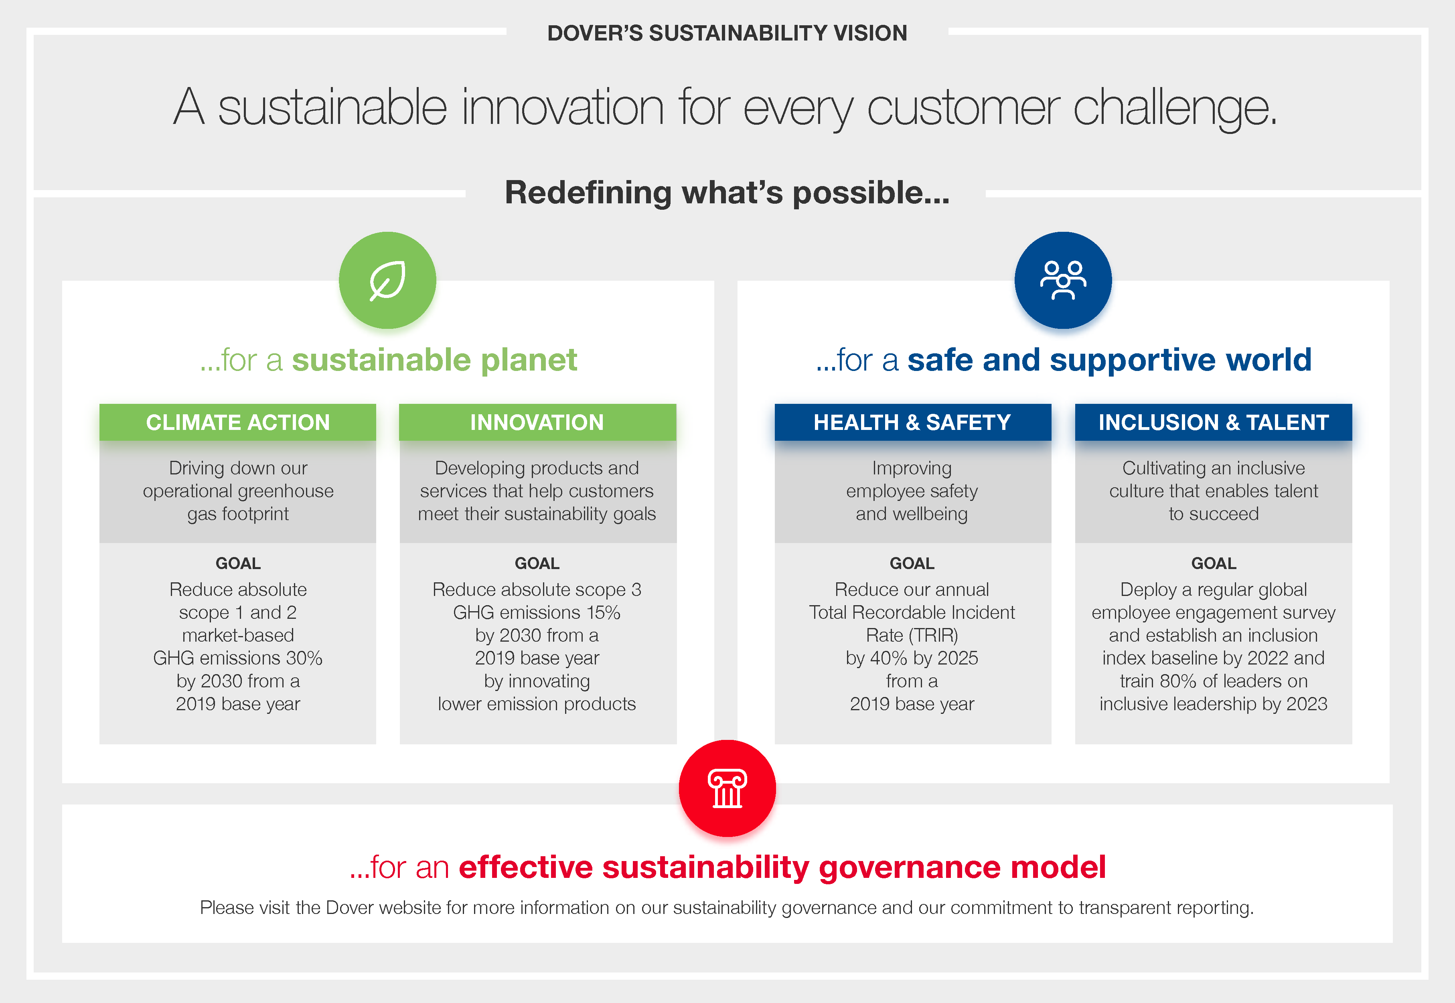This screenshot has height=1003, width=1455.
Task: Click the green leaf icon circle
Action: (387, 280)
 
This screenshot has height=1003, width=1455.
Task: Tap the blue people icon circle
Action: (1063, 280)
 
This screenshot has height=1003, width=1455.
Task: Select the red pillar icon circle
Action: (727, 788)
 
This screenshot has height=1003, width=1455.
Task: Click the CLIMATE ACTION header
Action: (237, 422)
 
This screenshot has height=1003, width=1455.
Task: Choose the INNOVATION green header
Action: (537, 422)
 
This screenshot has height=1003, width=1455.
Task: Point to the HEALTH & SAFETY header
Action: (912, 422)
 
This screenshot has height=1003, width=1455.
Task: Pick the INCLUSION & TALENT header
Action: (1213, 422)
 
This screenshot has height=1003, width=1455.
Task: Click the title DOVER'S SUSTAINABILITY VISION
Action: (727, 32)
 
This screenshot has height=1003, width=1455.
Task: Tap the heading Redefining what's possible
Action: (727, 192)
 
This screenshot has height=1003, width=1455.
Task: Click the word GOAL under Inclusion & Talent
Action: (1213, 563)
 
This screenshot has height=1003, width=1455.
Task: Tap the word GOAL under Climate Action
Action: (237, 563)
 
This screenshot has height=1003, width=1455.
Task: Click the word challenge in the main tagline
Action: (1174, 108)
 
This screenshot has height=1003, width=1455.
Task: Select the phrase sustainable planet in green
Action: (434, 360)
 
